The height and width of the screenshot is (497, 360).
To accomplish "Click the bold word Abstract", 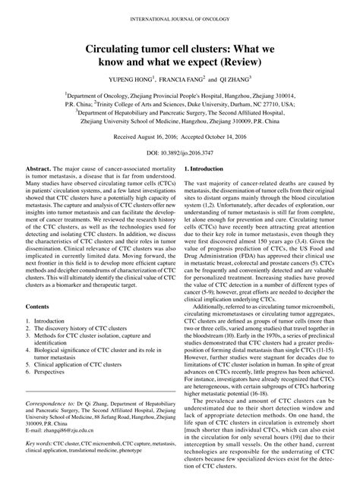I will tap(36, 187).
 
